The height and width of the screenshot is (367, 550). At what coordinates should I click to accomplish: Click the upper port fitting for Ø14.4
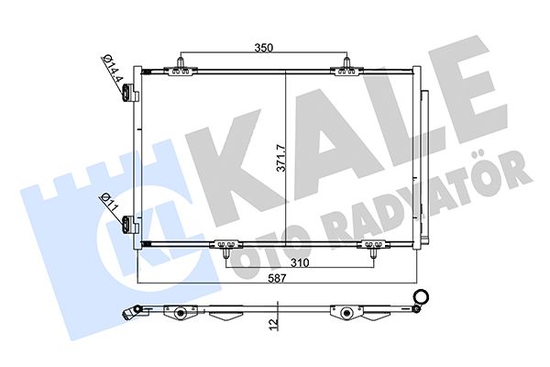pos(130,93)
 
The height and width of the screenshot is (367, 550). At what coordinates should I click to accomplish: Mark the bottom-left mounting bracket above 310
pos(225,245)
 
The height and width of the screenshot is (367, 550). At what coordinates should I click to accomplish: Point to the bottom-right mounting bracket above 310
pos(374,245)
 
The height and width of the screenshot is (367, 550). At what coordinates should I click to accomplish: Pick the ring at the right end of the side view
pos(422,295)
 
